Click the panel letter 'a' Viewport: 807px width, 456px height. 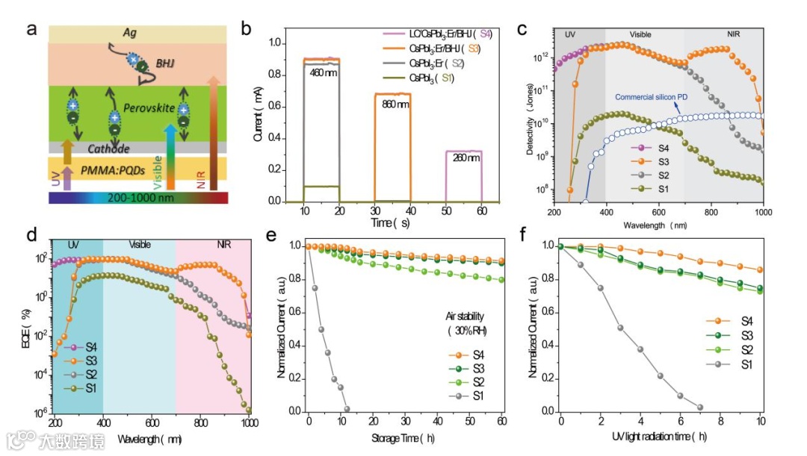coord(31,30)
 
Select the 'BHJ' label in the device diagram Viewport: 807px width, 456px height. coord(165,63)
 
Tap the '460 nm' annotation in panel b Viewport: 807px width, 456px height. coord(322,72)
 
